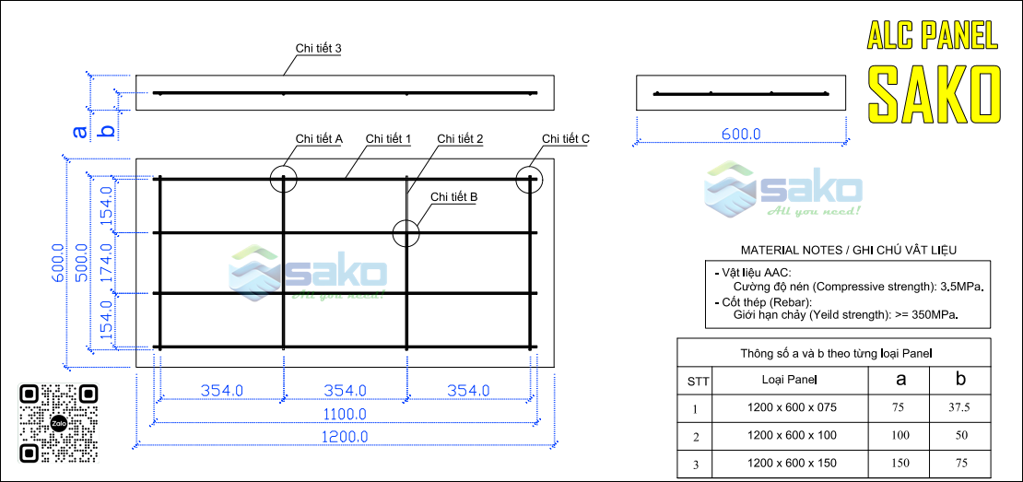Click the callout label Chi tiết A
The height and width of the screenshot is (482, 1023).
pos(319,138)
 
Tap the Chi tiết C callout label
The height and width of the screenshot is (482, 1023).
pos(566,138)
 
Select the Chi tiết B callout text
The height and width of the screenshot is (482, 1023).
pos(454,196)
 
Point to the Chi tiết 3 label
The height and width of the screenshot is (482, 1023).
pos(318,49)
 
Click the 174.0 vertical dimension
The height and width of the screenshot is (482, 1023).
pos(106,263)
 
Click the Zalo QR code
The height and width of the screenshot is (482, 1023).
pos(58,423)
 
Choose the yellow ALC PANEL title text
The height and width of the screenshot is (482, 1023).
pos(933,35)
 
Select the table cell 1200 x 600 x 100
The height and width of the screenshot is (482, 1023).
pos(791,436)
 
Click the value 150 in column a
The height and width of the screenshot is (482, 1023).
pos(899,463)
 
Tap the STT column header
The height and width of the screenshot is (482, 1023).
pos(694,381)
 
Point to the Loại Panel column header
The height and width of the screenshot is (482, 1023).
pos(790,379)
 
